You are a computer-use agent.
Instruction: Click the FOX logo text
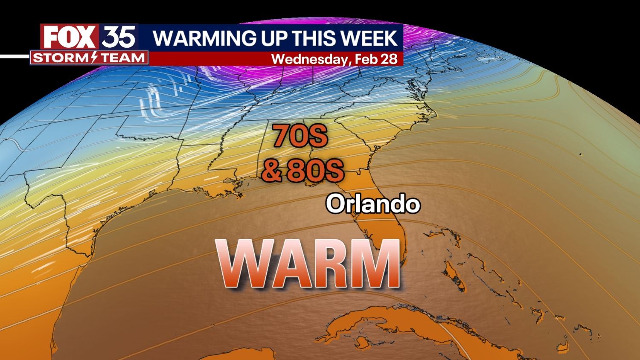(x=69, y=38)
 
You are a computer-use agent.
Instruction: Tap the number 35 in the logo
(x=119, y=37)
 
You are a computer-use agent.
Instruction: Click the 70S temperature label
(x=300, y=136)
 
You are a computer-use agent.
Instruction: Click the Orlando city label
(x=373, y=204)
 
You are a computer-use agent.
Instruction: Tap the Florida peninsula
(x=380, y=222)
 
